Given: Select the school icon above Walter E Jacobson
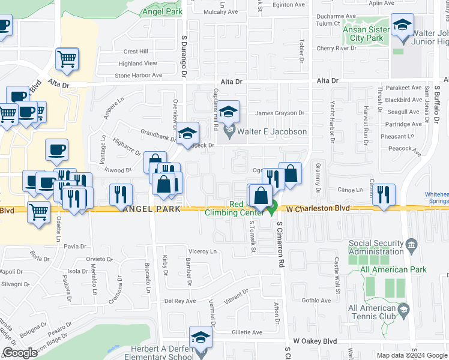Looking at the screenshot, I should [x=229, y=112].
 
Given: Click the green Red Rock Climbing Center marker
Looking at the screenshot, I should [x=272, y=209].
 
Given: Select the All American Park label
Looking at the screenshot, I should [x=393, y=270].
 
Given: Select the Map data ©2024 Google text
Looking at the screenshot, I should [x=411, y=355].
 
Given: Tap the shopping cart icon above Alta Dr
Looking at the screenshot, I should [x=67, y=59].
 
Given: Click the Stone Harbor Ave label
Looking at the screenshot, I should [x=139, y=76].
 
